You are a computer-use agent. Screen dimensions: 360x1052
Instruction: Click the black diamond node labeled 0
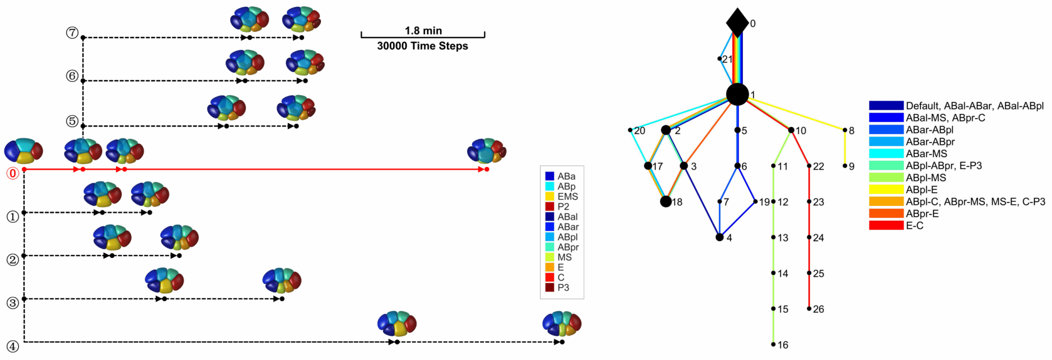[737, 23]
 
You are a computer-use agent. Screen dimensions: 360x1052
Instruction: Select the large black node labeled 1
[737, 94]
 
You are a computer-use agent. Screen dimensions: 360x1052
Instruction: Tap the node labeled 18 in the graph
[666, 201]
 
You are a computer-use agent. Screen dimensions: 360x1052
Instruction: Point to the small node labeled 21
[719, 59]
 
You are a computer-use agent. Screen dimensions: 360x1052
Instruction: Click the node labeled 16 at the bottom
[773, 345]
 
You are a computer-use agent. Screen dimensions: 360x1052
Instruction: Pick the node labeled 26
[809, 309]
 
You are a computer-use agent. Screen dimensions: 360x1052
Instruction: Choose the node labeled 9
[844, 166]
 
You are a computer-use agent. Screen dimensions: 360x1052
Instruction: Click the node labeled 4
[720, 237]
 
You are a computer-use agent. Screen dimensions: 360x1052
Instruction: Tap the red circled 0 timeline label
[12, 174]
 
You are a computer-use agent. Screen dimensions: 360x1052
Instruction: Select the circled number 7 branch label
[72, 33]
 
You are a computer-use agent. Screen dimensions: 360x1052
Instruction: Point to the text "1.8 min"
[423, 30]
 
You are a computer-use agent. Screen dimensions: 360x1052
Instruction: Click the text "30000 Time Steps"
[422, 46]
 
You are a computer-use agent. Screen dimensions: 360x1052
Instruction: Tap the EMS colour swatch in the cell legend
[550, 197]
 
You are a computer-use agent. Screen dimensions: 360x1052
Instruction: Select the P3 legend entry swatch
[550, 288]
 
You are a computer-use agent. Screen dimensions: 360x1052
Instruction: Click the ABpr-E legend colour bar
[886, 213]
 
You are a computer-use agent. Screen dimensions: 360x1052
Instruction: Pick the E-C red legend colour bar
[886, 225]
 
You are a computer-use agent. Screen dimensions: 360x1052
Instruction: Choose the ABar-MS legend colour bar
[886, 154]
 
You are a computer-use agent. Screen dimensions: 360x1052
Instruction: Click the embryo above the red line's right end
[486, 151]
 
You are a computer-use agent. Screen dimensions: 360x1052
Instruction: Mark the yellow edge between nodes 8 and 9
[844, 148]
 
